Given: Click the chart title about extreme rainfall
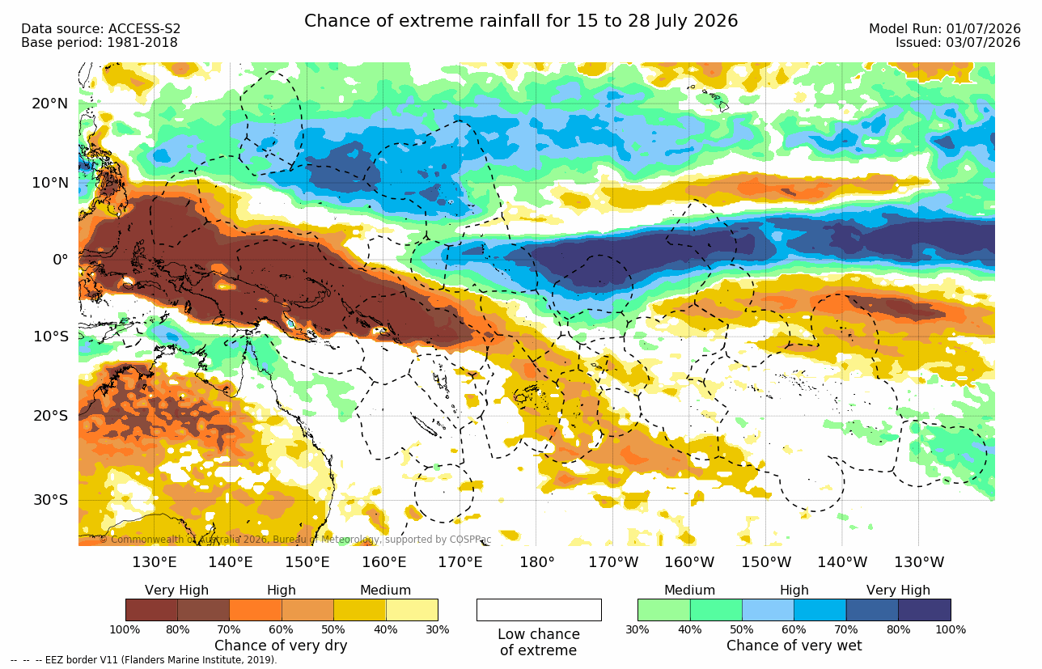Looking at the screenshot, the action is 520,21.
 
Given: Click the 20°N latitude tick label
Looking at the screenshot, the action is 50,104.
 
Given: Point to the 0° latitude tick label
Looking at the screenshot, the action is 61,259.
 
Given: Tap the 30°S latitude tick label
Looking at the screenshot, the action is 51,500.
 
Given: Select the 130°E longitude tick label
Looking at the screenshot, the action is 154,562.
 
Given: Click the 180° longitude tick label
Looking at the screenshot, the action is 537,562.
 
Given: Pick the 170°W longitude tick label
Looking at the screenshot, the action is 613,562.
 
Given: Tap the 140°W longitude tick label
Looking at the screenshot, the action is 842,562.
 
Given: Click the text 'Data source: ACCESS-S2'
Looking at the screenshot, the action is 100,29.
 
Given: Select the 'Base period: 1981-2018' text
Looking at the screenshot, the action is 99,43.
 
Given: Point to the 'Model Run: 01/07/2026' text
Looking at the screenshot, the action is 945,29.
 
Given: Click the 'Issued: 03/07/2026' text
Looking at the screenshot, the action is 958,43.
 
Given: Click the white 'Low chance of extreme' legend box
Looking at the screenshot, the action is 539,610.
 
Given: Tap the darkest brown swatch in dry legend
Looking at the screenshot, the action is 151,610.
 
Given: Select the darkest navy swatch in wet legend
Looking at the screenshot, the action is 925,610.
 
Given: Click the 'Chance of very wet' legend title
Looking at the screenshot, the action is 794,646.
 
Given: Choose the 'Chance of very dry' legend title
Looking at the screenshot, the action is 281,646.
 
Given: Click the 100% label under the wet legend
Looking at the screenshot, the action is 951,630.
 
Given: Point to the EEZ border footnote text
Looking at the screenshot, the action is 143,660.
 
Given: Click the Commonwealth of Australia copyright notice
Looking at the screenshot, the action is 295,540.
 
